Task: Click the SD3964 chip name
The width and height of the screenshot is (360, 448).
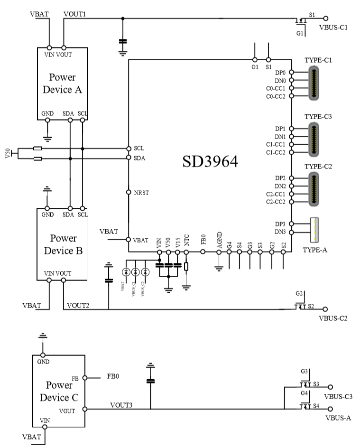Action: pos(210,161)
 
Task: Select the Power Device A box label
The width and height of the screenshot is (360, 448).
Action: pos(63,83)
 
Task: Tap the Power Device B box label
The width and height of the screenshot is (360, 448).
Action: pos(63,244)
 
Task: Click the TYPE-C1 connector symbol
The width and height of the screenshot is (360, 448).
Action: pos(314,83)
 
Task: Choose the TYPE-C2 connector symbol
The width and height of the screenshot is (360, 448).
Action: pos(314,189)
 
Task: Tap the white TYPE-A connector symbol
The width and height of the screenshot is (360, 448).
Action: pos(314,229)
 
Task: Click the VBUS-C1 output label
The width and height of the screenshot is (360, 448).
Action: pos(334,28)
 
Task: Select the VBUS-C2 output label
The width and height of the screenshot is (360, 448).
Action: pos(333,318)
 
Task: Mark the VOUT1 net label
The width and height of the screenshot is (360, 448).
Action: pos(74,14)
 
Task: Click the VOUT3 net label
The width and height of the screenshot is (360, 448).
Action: pos(121,405)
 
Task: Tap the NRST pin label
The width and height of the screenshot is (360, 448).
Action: pos(141,193)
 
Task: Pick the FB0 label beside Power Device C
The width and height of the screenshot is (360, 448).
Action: pos(112,376)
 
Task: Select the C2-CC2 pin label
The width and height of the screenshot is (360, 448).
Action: pos(277,202)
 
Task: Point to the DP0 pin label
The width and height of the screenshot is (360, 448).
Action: pos(280,73)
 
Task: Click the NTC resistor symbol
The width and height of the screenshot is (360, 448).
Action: pos(186,266)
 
